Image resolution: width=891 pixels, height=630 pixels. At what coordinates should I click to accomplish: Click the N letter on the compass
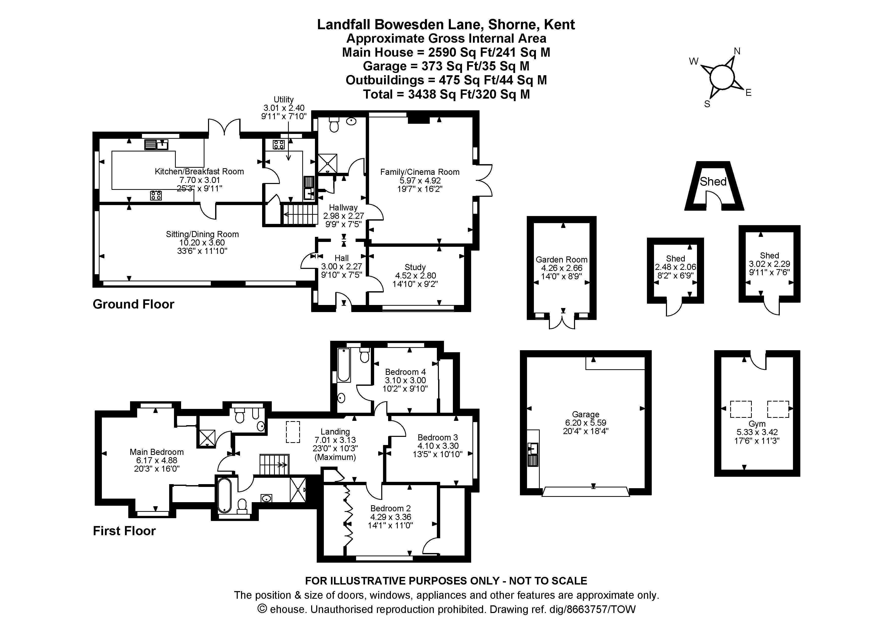737,51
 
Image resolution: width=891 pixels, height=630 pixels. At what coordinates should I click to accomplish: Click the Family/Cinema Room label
420,172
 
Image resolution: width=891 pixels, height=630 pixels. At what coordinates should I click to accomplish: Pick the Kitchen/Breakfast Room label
199,172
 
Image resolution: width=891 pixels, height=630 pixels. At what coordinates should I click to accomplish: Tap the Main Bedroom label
156,452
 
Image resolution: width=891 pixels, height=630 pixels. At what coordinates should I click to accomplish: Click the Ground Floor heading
134,304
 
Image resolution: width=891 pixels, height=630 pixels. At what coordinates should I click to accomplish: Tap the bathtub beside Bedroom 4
344,365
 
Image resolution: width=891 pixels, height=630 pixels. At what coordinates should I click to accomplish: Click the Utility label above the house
284,99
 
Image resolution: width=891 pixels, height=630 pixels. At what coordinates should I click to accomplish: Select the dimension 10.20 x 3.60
202,243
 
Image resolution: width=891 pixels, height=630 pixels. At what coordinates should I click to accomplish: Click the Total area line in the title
446,94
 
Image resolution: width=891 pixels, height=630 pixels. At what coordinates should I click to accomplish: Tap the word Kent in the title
559,24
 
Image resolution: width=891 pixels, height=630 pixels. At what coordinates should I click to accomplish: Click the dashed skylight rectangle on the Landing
293,432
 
